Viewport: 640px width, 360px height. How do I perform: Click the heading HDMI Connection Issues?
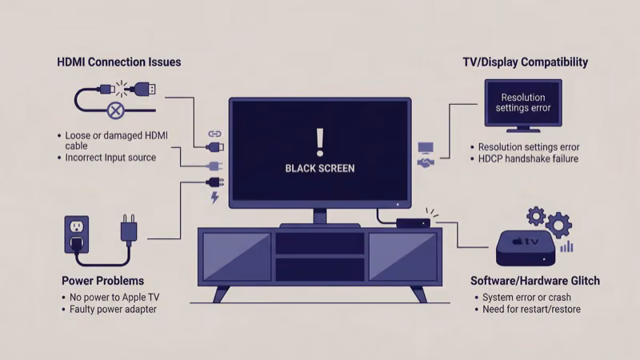(119, 62)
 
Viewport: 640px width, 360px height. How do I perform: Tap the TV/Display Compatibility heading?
(526, 62)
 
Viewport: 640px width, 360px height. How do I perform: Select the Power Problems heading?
(102, 281)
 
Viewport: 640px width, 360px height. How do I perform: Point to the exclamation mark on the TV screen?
(320, 141)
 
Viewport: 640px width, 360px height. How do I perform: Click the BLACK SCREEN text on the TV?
(320, 169)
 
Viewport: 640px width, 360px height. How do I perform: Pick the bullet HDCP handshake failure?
(529, 158)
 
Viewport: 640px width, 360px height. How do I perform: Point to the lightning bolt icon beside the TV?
(214, 197)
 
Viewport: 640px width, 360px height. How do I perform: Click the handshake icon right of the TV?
(426, 162)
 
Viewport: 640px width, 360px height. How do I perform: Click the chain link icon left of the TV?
(214, 134)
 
